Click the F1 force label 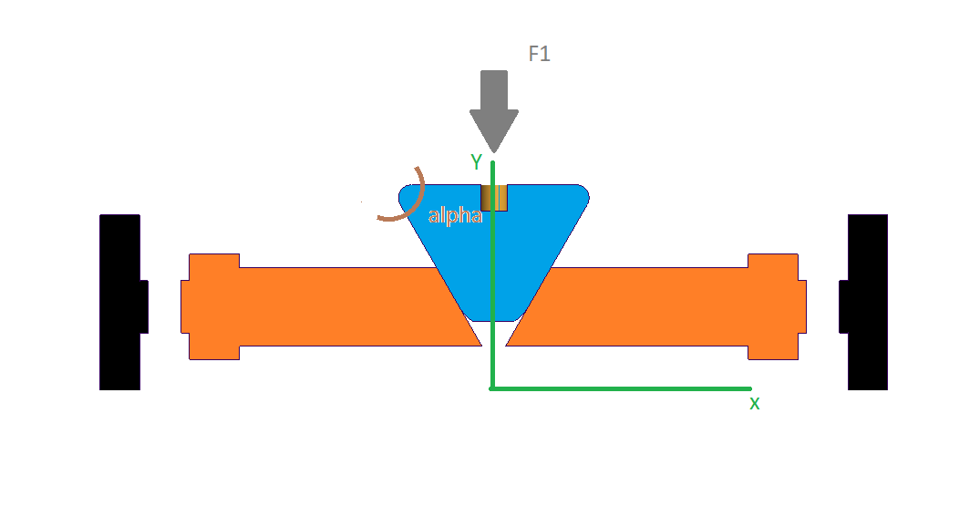tap(540, 55)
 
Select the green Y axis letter tap(476, 162)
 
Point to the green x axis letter tap(754, 403)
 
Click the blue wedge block tap(529, 246)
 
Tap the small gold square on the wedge tap(494, 198)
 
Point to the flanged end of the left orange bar tap(211, 306)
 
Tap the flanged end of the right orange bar tap(775, 306)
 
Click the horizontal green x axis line tap(620, 388)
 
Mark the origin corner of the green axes tap(492, 388)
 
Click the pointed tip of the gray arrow tap(494, 148)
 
